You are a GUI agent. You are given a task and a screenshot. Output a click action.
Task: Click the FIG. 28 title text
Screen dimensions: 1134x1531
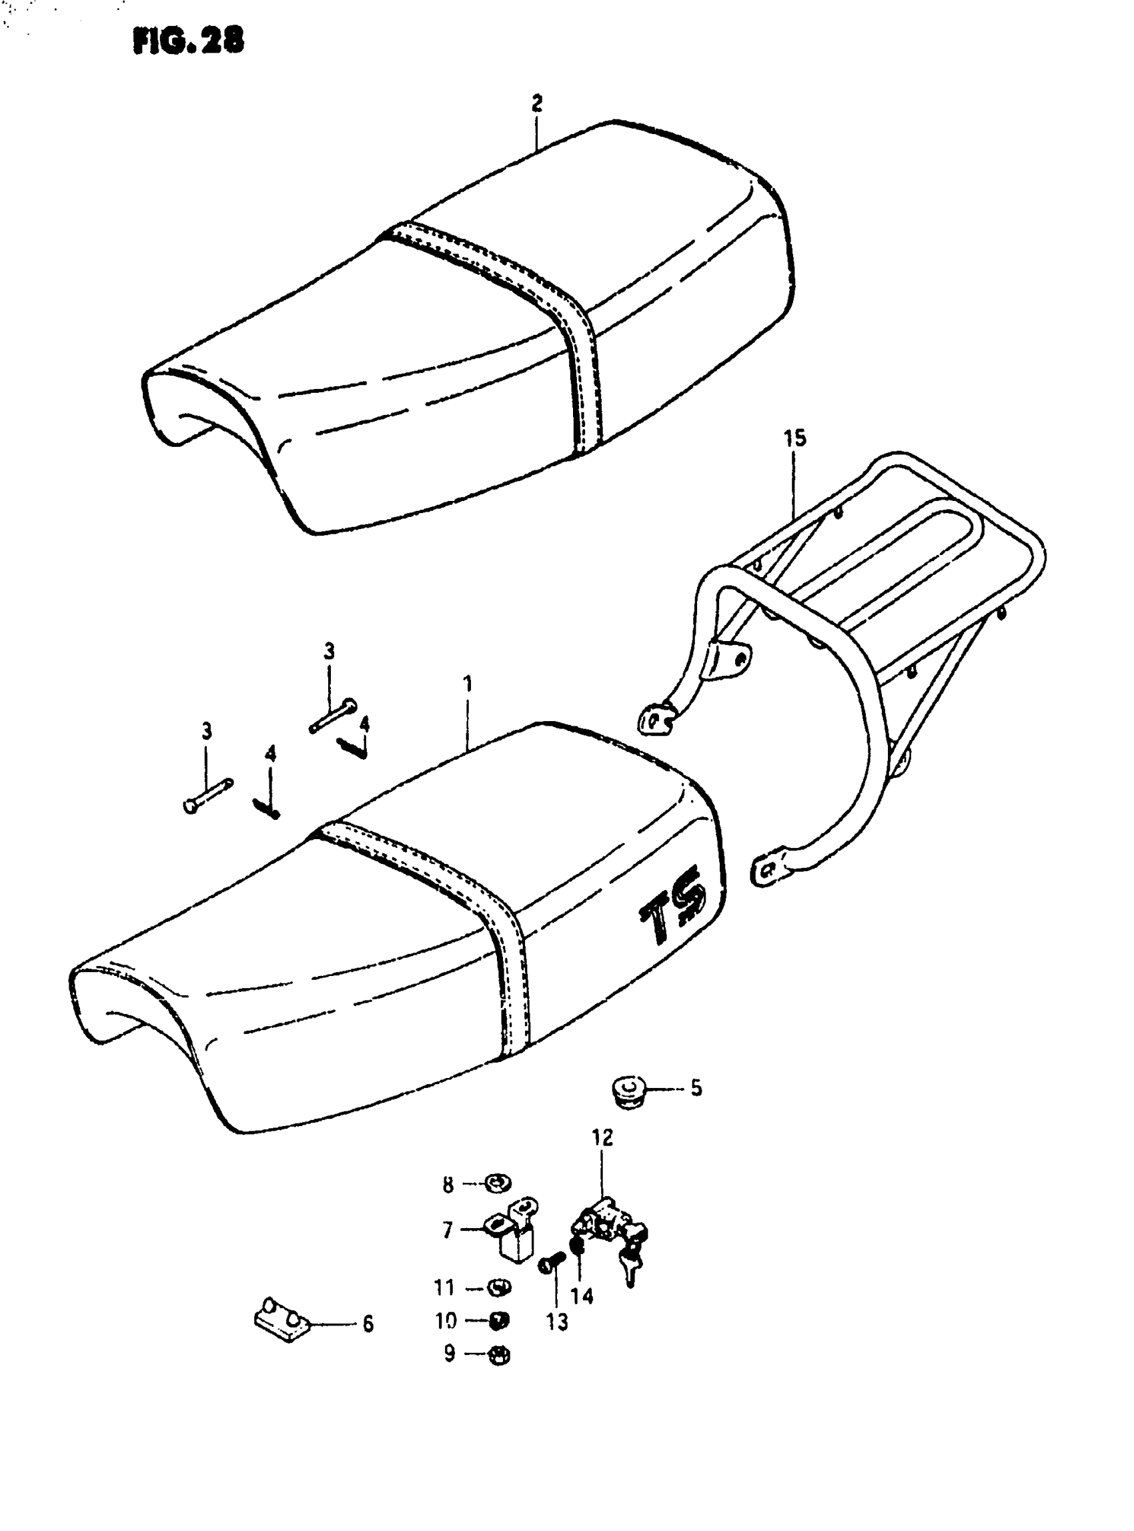coord(188,42)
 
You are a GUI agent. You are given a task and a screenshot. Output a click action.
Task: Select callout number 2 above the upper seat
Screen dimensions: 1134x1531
coord(537,103)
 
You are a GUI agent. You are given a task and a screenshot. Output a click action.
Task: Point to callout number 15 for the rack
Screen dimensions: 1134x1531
coord(795,438)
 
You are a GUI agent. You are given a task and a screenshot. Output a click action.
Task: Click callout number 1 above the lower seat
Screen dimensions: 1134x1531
coord(468,684)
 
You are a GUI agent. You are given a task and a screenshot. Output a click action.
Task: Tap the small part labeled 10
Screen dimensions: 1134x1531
coord(499,1320)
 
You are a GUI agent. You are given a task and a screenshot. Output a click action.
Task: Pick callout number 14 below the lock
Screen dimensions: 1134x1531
coord(582,1296)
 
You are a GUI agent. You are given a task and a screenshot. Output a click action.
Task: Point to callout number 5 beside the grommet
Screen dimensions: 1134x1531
coord(696,1088)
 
